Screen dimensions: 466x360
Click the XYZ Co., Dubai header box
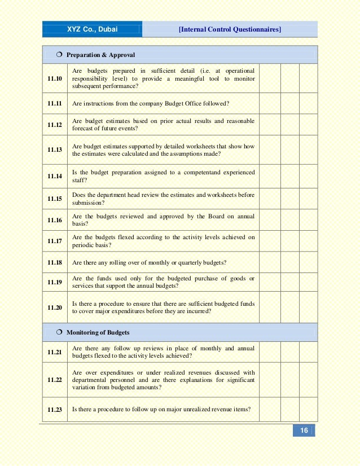(x=93, y=29)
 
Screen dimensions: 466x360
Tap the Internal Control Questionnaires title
(x=230, y=29)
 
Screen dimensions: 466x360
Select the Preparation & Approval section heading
(x=100, y=55)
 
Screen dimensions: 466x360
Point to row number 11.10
(x=55, y=78)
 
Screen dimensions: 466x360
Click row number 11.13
(x=55, y=150)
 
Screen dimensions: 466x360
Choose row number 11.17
(x=55, y=241)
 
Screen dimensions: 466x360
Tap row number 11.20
(x=55, y=307)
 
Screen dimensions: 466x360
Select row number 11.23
(x=55, y=410)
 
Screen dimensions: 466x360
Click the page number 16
(x=304, y=431)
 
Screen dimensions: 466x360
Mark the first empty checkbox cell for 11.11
(x=270, y=104)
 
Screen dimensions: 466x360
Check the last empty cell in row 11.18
(x=308, y=263)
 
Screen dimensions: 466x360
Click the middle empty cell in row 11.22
(x=289, y=380)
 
